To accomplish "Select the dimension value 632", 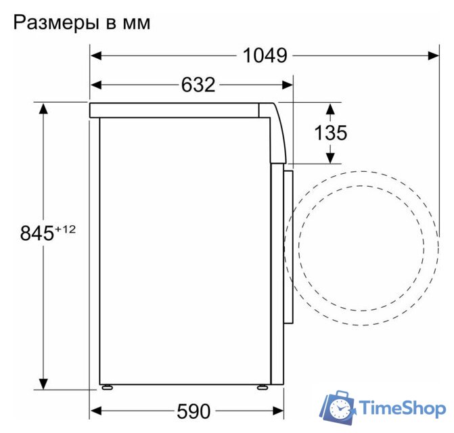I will pyautogui.click(x=198, y=85).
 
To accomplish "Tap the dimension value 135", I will pyautogui.click(x=330, y=133).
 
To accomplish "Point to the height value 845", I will pyautogui.click(x=37, y=234).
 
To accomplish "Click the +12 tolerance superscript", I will pyautogui.click(x=65, y=229).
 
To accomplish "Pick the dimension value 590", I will pyautogui.click(x=194, y=411).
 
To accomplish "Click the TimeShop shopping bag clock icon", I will pyautogui.click(x=338, y=407).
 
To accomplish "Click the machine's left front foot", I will pyautogui.click(x=106, y=388).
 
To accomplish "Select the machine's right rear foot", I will pyautogui.click(x=261, y=388).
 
